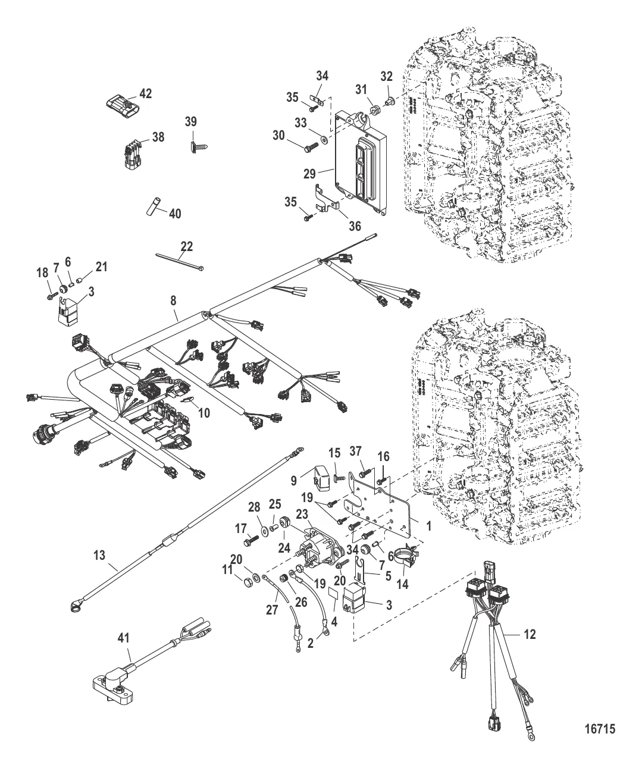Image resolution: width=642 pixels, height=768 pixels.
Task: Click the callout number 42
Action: [x=146, y=93]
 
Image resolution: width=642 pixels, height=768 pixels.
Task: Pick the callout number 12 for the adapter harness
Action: [x=529, y=635]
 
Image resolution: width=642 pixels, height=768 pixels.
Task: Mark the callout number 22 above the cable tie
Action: [x=186, y=246]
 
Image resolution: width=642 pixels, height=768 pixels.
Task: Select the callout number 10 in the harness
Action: [x=204, y=412]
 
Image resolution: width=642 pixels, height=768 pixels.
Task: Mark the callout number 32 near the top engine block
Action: [x=387, y=76]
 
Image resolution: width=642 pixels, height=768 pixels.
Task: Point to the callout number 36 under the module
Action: [x=355, y=225]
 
